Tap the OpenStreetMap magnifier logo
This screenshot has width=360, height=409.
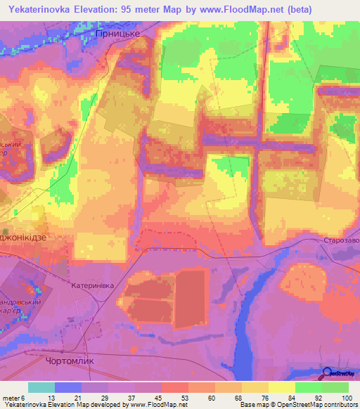(328, 373)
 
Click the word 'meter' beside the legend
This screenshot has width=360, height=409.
(11, 397)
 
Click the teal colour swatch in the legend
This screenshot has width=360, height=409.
(41, 387)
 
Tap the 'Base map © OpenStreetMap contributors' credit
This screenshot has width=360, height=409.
(297, 405)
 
